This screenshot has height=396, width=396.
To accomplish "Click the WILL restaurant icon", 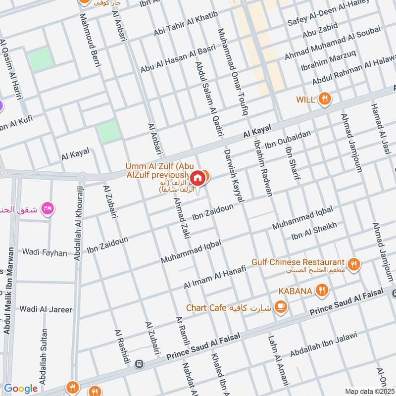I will (325, 99).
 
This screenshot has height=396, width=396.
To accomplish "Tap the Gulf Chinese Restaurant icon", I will (353, 263).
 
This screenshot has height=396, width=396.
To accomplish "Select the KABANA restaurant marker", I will (322, 291).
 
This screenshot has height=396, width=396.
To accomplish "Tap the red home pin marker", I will (197, 178).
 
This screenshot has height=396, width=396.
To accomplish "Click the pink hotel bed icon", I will (48, 207).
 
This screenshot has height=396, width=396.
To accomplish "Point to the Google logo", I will (20, 389).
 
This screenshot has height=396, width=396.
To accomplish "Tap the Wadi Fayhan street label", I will (44, 252).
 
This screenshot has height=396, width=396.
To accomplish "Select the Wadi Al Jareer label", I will (46, 309).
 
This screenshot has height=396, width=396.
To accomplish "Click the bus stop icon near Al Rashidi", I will (139, 364).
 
